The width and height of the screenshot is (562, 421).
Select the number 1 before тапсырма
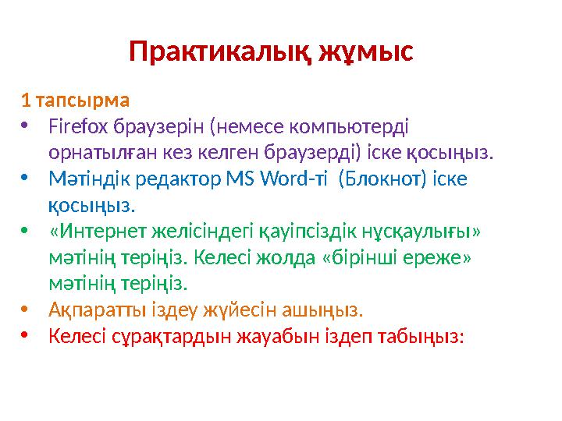pos(26,101)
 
